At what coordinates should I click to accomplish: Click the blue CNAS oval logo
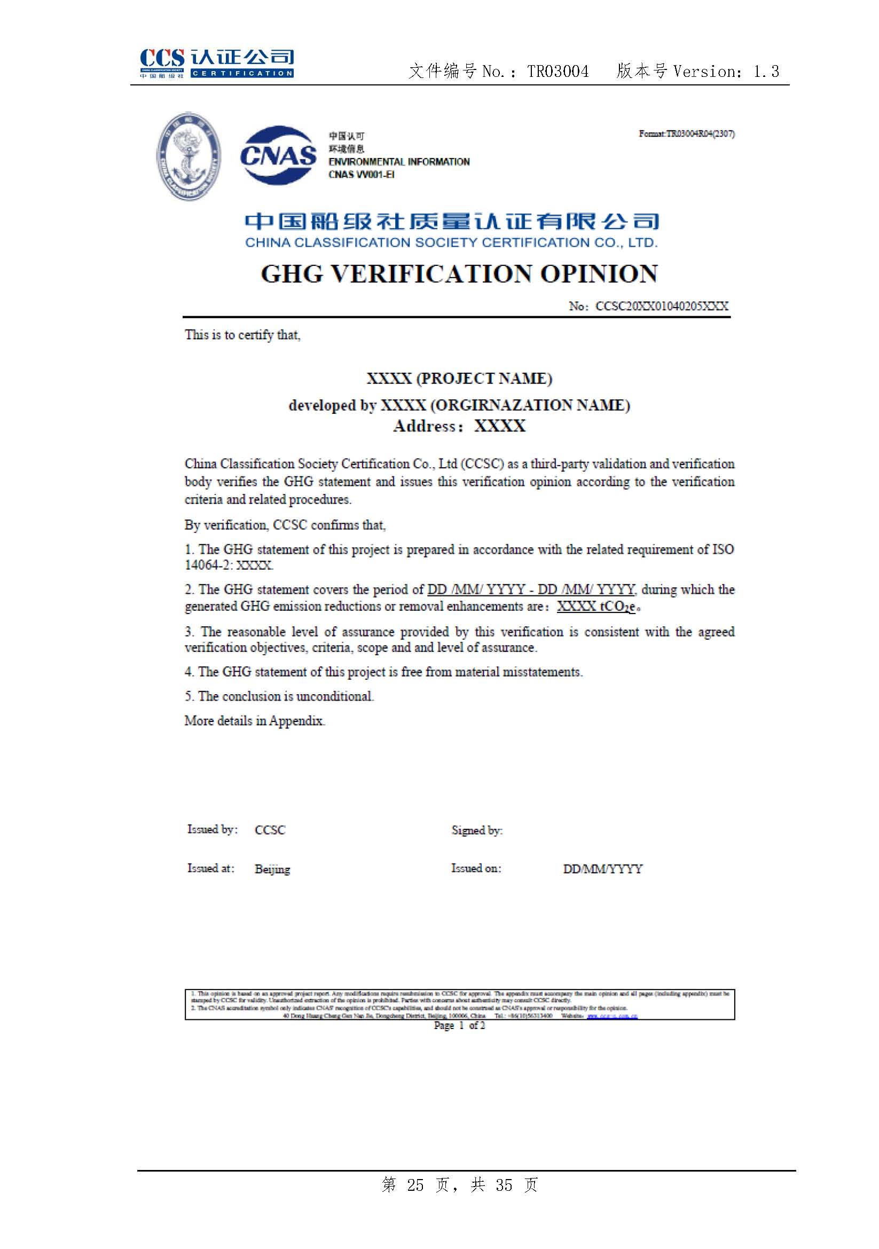(x=278, y=155)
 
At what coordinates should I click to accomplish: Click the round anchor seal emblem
(x=188, y=156)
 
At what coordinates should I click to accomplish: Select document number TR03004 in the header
(x=558, y=71)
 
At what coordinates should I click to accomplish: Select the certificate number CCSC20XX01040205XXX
(x=662, y=306)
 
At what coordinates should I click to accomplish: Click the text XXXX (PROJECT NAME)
(x=459, y=378)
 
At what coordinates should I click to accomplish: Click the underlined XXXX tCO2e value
(x=595, y=606)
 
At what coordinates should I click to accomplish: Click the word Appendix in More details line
(x=296, y=721)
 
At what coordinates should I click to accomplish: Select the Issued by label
(x=212, y=829)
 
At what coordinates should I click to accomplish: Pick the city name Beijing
(x=272, y=869)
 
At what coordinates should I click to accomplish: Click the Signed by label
(x=476, y=830)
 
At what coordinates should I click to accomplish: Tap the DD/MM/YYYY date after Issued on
(x=603, y=869)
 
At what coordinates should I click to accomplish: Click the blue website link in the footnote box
(x=612, y=1016)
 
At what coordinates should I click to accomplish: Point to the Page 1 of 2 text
(x=459, y=1025)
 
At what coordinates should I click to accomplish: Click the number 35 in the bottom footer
(x=504, y=1185)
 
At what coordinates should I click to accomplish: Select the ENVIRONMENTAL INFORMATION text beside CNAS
(x=399, y=162)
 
